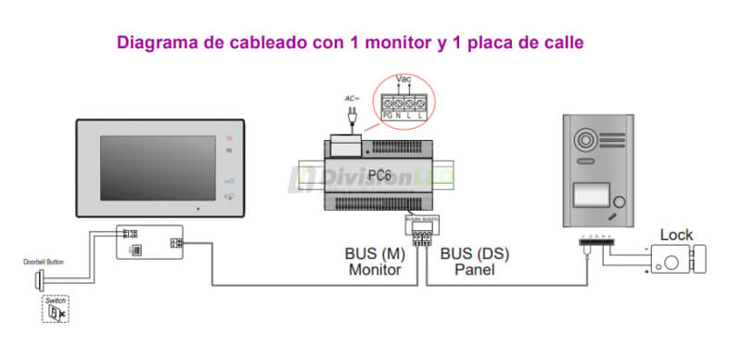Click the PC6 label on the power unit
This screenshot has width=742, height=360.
(x=378, y=173)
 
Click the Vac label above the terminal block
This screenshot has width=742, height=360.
(x=403, y=80)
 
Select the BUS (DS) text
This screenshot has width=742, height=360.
(x=475, y=253)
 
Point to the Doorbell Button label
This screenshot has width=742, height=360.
(x=45, y=263)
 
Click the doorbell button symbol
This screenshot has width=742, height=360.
(x=40, y=280)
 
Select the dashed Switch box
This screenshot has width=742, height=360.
(x=55, y=311)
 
